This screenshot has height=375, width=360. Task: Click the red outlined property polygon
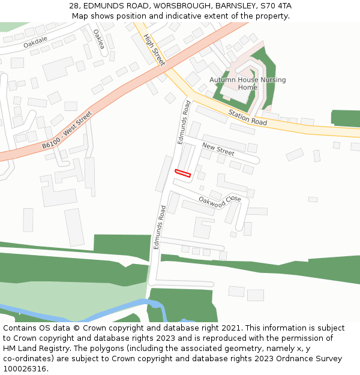(x=182, y=173)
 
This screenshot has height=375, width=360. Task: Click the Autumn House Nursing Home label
(x=247, y=83)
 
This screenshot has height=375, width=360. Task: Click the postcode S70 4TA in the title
(x=276, y=6)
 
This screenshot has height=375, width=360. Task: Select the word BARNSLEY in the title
(x=233, y=6)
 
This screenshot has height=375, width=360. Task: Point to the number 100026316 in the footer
(x=24, y=369)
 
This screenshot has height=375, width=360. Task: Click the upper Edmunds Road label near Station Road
(x=184, y=122)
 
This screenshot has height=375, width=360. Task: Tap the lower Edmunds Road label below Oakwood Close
(x=159, y=227)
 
